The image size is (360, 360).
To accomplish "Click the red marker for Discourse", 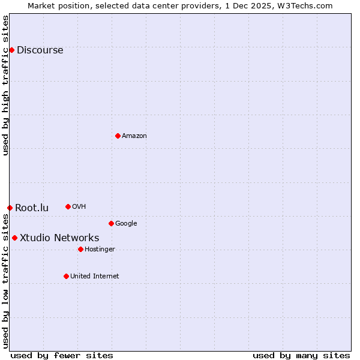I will coord(11,50).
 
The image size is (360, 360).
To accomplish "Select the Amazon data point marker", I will coord(118,136).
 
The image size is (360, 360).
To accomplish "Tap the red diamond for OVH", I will coord(68,206).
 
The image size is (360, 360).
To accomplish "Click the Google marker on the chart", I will coord(111,223).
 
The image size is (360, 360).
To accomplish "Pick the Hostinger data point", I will coord(80,249).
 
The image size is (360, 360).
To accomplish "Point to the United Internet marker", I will coord(66,276).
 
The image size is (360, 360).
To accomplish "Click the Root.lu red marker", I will coord(10,208).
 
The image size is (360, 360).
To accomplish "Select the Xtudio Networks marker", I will coord(14,238).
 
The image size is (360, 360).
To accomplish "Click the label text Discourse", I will coord(40,50).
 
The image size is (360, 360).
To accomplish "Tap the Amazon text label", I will coord(134,136).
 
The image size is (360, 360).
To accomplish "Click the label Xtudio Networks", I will coord(59,238).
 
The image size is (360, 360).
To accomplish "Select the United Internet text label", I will coord(94,277).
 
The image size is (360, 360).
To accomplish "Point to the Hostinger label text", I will coord(100,250).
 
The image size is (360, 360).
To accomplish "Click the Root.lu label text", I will coord(32,208).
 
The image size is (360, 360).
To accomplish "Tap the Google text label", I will coord(126,224).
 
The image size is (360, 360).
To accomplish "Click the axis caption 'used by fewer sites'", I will coord(62,355).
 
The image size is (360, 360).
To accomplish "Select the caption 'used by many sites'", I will coord(301,355).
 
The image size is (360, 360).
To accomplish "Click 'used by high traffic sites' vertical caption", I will coord(6,86).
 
